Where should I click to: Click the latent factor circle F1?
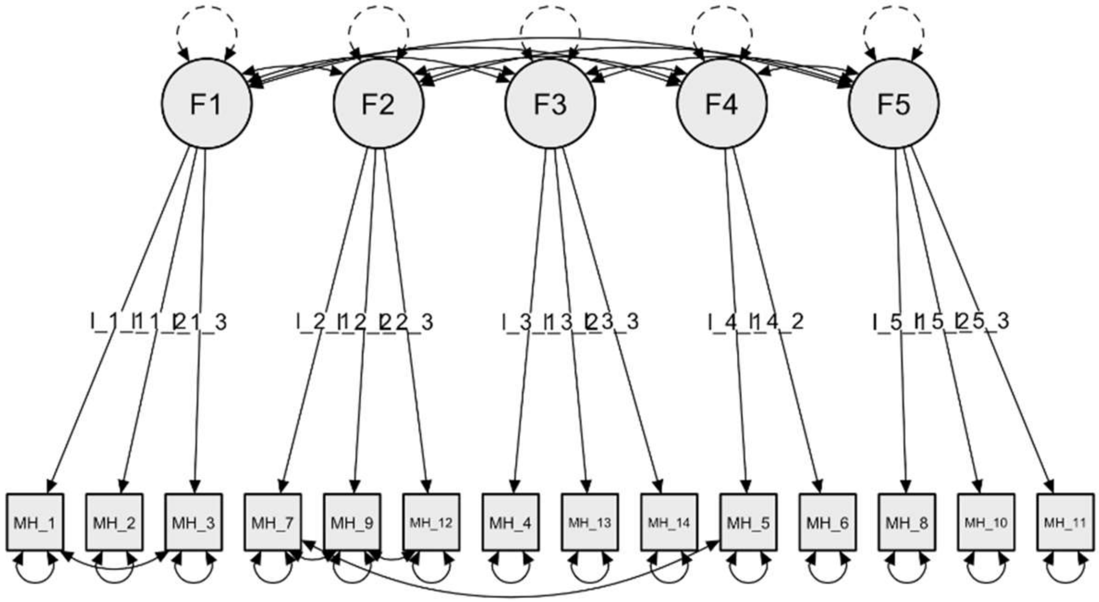click(207, 103)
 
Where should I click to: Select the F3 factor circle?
click(550, 103)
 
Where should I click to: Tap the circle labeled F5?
click(894, 103)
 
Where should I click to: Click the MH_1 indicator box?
click(35, 522)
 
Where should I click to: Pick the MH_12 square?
click(431, 522)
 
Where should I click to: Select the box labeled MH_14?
click(669, 522)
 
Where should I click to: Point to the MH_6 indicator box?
click(828, 522)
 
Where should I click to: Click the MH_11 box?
click(1065, 522)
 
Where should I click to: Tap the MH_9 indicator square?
click(352, 522)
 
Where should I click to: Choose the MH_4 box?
click(511, 522)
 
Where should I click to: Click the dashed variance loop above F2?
click(379, 25)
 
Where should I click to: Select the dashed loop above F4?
click(722, 25)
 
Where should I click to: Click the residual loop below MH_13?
click(590, 572)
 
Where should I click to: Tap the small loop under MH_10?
click(986, 572)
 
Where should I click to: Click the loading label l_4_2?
click(785, 322)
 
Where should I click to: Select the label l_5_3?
click(990, 322)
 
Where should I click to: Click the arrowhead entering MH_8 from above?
click(906, 487)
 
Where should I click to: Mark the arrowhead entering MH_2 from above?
click(122, 487)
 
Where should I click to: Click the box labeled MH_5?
click(748, 522)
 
